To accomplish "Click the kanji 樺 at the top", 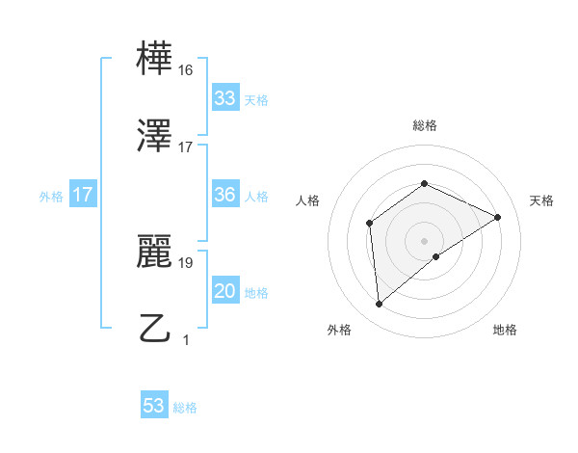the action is click(x=155, y=59).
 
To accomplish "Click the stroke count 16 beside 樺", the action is click(x=186, y=70).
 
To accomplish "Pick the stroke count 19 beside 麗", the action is click(x=186, y=261).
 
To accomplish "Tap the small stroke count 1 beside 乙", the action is click(x=186, y=339).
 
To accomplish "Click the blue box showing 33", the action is click(x=224, y=98).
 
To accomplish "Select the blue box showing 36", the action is click(x=224, y=195).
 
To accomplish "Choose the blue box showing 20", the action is click(x=224, y=291).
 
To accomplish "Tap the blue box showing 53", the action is click(x=153, y=406).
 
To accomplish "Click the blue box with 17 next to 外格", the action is click(x=83, y=195).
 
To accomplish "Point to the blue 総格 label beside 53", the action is click(x=185, y=408).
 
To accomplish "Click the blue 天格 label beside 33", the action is click(x=256, y=100).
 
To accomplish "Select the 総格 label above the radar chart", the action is click(x=424, y=125).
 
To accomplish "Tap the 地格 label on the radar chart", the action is click(x=505, y=330).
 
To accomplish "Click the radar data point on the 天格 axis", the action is click(x=498, y=217).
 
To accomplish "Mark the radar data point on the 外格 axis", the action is click(x=380, y=305).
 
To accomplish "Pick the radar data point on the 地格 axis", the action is click(x=436, y=256).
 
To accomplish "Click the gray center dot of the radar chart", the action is click(x=424, y=240).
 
